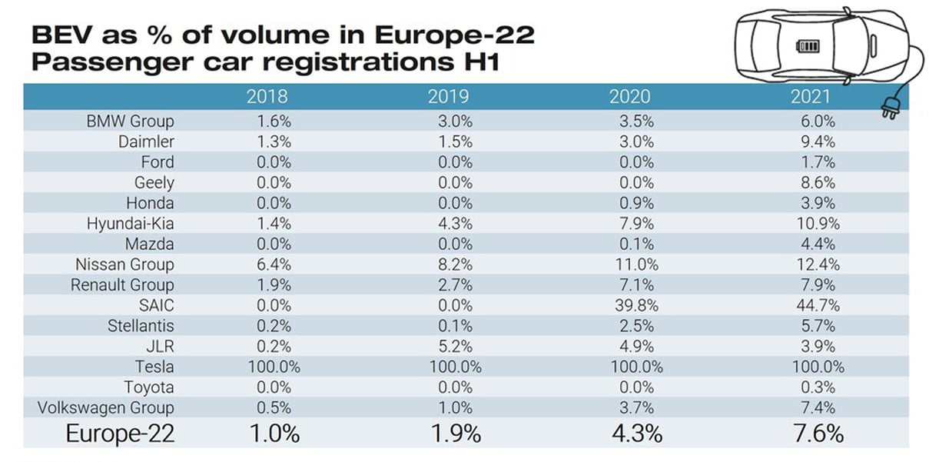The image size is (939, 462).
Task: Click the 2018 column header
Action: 267,96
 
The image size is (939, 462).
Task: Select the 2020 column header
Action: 629,96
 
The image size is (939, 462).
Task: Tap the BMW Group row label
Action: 130,121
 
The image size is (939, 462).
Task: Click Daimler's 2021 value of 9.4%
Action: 818,141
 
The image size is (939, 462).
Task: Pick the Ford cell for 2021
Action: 818,162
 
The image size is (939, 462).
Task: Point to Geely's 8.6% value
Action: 818,183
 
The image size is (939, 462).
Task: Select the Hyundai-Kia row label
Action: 130,224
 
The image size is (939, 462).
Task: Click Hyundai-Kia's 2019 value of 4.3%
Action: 455,224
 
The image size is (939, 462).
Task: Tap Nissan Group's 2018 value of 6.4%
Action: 274,264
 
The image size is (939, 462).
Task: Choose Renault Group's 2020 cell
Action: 636,285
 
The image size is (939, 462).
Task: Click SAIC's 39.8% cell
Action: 636,305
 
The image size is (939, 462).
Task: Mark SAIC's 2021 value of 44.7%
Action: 818,305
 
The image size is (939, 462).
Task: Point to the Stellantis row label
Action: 141,326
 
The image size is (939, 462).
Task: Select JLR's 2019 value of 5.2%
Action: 455,346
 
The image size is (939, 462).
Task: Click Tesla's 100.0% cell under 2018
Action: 274,367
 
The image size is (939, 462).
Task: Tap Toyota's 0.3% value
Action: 818,387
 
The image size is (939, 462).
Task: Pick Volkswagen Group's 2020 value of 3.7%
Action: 636,408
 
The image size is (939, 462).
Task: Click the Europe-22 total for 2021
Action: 818,434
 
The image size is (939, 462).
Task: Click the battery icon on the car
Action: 808,45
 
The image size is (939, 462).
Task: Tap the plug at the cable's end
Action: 890,108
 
